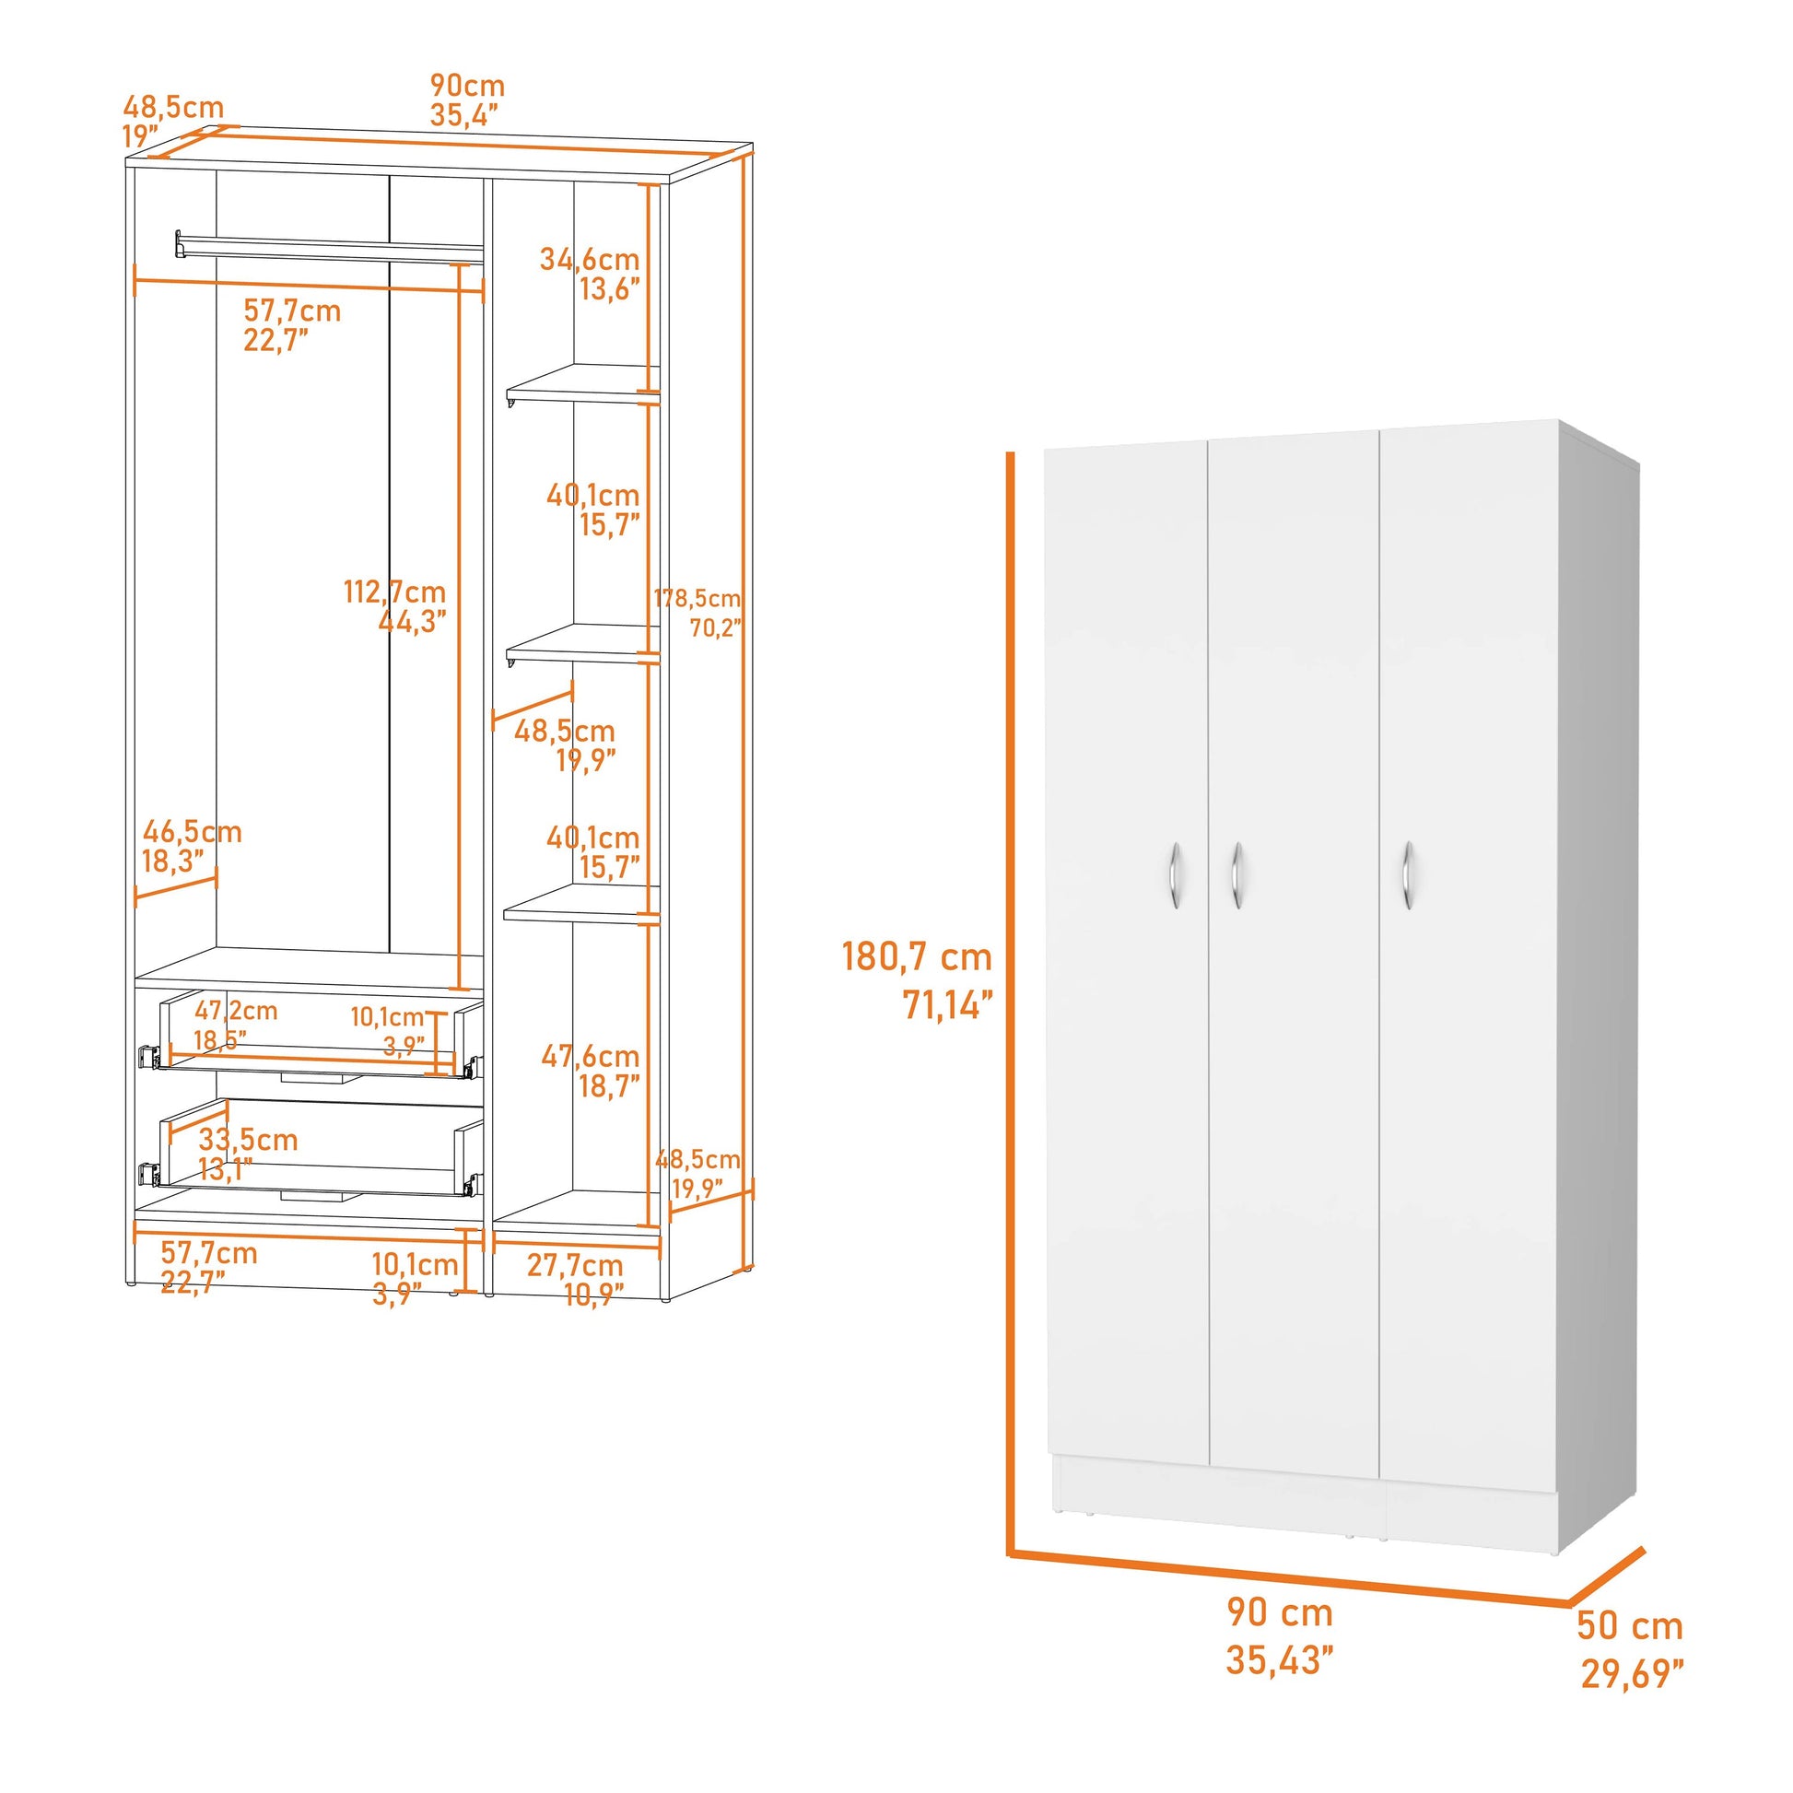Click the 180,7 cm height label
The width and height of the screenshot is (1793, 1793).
pyautogui.click(x=916, y=956)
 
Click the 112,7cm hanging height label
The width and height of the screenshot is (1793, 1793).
pyautogui.click(x=394, y=592)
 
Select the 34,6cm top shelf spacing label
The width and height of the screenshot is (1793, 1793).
pyautogui.click(x=590, y=259)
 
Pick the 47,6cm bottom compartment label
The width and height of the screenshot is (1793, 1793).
pyautogui.click(x=591, y=1056)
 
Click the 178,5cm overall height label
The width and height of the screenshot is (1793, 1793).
pyautogui.click(x=697, y=599)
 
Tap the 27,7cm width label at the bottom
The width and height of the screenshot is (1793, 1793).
pyautogui.click(x=574, y=1265)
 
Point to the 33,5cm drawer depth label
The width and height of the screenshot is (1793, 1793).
pyautogui.click(x=248, y=1140)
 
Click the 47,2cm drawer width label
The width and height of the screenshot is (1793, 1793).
pyautogui.click(x=236, y=1011)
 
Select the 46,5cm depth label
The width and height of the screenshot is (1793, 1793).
pyautogui.click(x=192, y=831)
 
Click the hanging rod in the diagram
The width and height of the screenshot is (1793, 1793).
pyautogui.click(x=330, y=248)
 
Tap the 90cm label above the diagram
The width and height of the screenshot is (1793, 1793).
pyautogui.click(x=467, y=86)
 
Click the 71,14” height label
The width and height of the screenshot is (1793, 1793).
pyautogui.click(x=947, y=1005)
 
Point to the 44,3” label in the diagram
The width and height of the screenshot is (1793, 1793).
pyautogui.click(x=412, y=621)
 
